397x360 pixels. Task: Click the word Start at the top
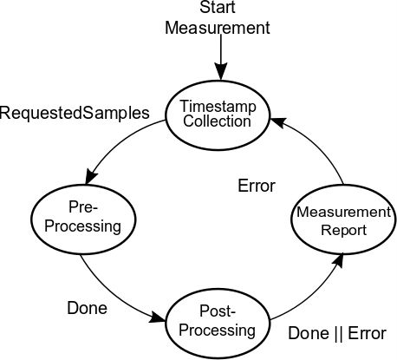[218, 9]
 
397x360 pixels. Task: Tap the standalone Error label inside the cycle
[256, 186]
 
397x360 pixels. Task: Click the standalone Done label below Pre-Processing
[87, 307]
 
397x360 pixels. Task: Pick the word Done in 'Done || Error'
[307, 334]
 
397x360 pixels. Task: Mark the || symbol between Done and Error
[336, 334]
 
